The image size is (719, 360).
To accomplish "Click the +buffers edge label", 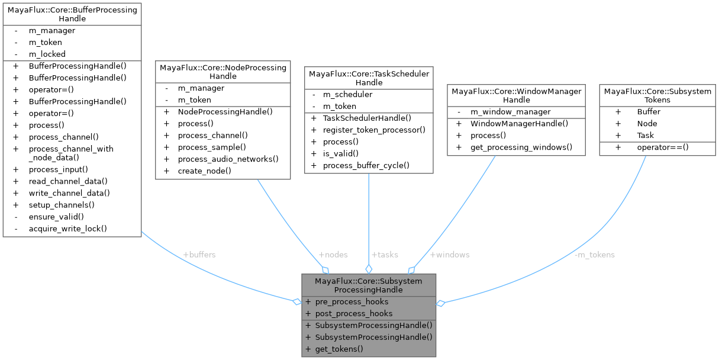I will tap(199, 255).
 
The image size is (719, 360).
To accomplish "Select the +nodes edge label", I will tap(333, 255).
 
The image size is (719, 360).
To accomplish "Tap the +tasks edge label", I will tap(385, 255).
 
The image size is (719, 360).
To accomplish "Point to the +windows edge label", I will tap(450, 255).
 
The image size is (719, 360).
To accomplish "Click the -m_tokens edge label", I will tap(595, 255).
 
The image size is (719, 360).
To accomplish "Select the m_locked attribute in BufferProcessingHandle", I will tap(47, 54).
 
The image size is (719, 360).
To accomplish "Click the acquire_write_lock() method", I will tap(67, 229).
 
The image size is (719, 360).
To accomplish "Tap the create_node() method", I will tap(204, 171).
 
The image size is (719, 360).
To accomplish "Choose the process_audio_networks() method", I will tap(228, 159).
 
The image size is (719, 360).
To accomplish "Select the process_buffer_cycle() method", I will tap(366, 165).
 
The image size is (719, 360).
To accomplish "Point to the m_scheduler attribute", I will tap(347, 94).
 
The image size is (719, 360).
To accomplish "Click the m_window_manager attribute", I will tap(510, 112).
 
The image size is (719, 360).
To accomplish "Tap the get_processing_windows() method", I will tap(521, 147).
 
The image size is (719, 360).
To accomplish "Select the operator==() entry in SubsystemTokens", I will tap(663, 147).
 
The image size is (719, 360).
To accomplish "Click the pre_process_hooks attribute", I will tap(352, 301).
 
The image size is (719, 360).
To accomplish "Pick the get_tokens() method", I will tap(339, 349).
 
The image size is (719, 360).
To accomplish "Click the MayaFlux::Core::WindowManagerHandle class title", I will tap(517, 95).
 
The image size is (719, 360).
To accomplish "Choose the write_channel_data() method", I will tap(69, 193).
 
